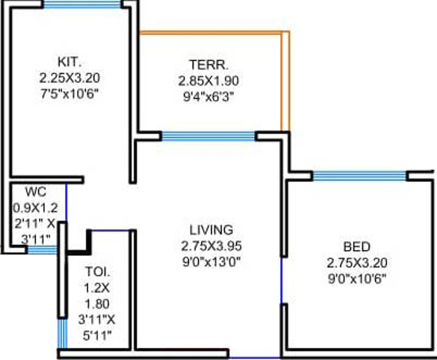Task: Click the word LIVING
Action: (x=211, y=229)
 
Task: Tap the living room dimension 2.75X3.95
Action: (x=211, y=245)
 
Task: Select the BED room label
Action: (x=356, y=247)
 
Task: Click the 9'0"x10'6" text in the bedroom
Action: (x=356, y=279)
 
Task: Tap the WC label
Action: (x=36, y=190)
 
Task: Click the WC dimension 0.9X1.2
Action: (x=36, y=205)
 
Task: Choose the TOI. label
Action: (x=96, y=271)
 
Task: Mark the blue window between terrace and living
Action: (x=208, y=136)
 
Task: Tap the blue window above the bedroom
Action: (x=359, y=176)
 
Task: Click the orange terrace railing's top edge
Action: (x=213, y=33)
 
